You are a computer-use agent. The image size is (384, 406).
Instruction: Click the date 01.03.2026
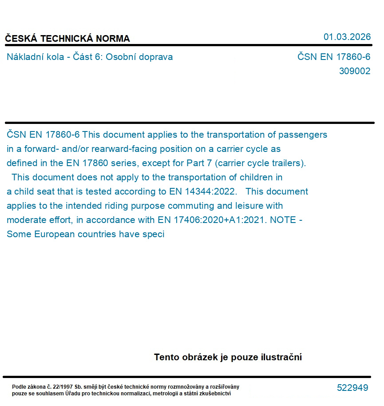pyautogui.click(x=347, y=37)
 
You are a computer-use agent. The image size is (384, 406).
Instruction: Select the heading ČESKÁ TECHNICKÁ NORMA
pyautogui.click(x=67, y=39)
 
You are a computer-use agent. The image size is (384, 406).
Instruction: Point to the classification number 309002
pyautogui.click(x=354, y=71)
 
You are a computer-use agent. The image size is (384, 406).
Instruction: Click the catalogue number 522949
pyautogui.click(x=352, y=388)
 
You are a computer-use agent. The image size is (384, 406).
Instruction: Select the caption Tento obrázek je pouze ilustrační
pyautogui.click(x=228, y=357)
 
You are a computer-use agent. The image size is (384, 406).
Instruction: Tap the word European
pyautogui.click(x=55, y=235)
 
